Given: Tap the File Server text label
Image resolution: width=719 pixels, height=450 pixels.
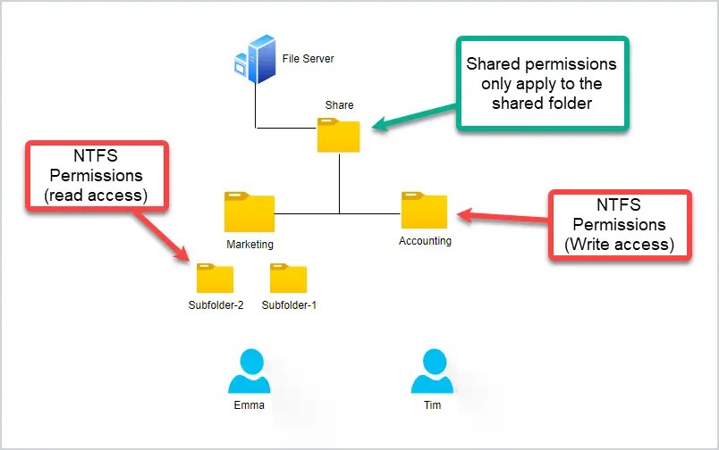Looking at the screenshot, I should [x=308, y=59].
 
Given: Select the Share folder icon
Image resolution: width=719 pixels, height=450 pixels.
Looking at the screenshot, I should [x=339, y=135].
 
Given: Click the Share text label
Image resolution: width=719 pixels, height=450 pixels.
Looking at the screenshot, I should [x=340, y=105].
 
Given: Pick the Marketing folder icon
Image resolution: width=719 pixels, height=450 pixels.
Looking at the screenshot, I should [x=250, y=212].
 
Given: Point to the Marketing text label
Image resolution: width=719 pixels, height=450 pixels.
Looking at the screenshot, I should [x=250, y=244].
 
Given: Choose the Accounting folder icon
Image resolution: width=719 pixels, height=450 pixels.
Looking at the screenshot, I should [x=425, y=210].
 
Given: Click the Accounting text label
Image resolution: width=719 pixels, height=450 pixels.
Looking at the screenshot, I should [x=425, y=241].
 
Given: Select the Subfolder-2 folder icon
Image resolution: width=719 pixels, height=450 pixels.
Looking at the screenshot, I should [x=216, y=279].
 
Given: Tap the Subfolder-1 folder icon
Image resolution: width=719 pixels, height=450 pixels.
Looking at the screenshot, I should [x=289, y=279].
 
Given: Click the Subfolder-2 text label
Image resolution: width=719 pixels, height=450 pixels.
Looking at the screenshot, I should [x=216, y=305].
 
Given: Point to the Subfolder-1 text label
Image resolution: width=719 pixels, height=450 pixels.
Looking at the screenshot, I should [x=289, y=305].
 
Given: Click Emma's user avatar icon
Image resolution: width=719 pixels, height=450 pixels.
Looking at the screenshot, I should [x=249, y=371].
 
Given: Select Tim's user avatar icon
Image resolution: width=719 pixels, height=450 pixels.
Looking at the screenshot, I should [x=432, y=371].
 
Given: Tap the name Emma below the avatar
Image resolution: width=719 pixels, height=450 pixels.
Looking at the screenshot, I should [x=249, y=405].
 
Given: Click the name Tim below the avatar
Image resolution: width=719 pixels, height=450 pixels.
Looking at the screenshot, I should [x=432, y=405].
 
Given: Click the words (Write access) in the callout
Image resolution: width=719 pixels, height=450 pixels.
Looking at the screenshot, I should [x=619, y=244].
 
